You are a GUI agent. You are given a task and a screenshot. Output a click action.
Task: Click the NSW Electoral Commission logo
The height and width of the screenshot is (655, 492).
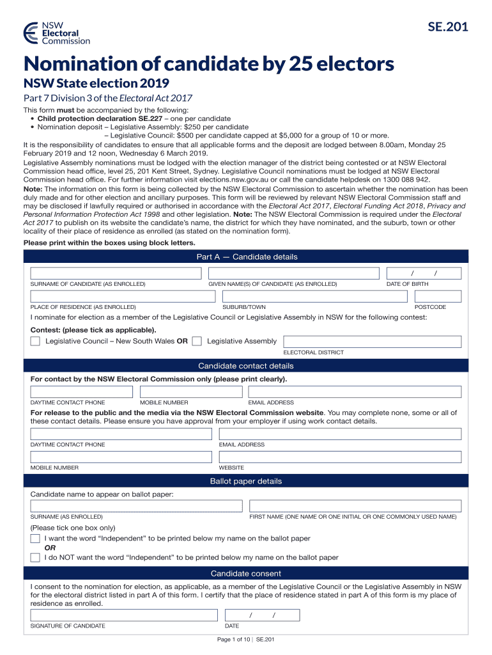click(56, 33)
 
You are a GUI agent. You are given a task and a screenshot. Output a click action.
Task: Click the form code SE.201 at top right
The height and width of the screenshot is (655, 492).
click(447, 27)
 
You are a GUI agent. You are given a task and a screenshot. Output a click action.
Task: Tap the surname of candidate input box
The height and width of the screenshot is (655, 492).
click(116, 273)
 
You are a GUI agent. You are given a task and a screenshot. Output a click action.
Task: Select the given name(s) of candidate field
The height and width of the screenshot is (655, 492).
click(293, 273)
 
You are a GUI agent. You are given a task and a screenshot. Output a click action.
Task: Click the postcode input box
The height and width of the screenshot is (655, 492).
click(438, 297)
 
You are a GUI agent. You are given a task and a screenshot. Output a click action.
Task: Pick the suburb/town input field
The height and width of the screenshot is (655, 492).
click(313, 297)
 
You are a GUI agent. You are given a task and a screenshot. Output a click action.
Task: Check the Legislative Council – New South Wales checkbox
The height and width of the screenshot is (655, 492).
click(35, 341)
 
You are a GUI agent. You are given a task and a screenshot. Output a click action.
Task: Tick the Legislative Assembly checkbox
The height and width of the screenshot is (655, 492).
click(197, 341)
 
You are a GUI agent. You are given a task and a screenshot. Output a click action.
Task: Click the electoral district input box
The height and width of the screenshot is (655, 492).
click(372, 341)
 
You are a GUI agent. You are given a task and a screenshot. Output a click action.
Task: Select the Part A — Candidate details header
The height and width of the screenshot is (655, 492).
click(246, 256)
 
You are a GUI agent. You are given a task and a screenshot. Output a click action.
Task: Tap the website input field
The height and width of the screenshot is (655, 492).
click(339, 457)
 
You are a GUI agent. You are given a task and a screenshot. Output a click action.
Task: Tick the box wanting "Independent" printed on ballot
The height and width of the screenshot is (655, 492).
click(35, 539)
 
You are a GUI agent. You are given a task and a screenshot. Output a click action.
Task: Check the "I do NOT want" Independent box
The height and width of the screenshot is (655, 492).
click(35, 557)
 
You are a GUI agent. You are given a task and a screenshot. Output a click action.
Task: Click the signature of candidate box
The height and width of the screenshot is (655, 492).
click(124, 615)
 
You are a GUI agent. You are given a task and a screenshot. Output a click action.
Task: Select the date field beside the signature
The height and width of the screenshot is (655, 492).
click(261, 615)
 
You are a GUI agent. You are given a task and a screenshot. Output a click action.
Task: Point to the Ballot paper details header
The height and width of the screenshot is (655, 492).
click(246, 481)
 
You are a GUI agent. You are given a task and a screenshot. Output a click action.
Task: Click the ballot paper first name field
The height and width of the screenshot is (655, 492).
click(355, 505)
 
